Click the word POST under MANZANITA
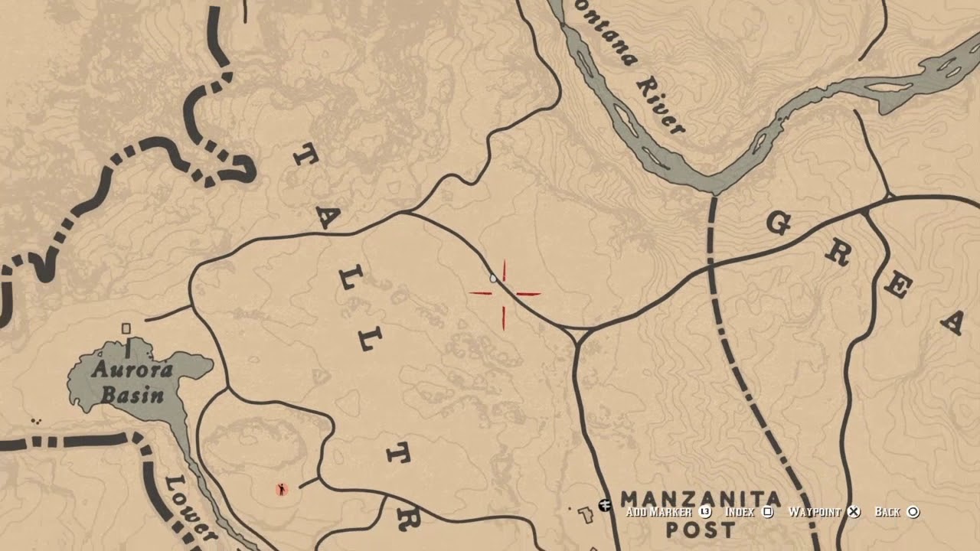[701, 529]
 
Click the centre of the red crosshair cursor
[505, 293]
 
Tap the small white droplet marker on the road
[493, 279]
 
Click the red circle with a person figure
[282, 489]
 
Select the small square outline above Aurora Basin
[126, 328]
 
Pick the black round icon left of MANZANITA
[605, 505]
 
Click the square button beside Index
[769, 512]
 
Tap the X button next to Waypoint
[854, 512]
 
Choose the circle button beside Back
[913, 512]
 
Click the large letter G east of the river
[778, 223]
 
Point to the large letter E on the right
[897, 286]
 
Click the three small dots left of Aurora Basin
[35, 421]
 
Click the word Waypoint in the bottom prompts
[815, 512]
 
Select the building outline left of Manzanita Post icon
[586, 515]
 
